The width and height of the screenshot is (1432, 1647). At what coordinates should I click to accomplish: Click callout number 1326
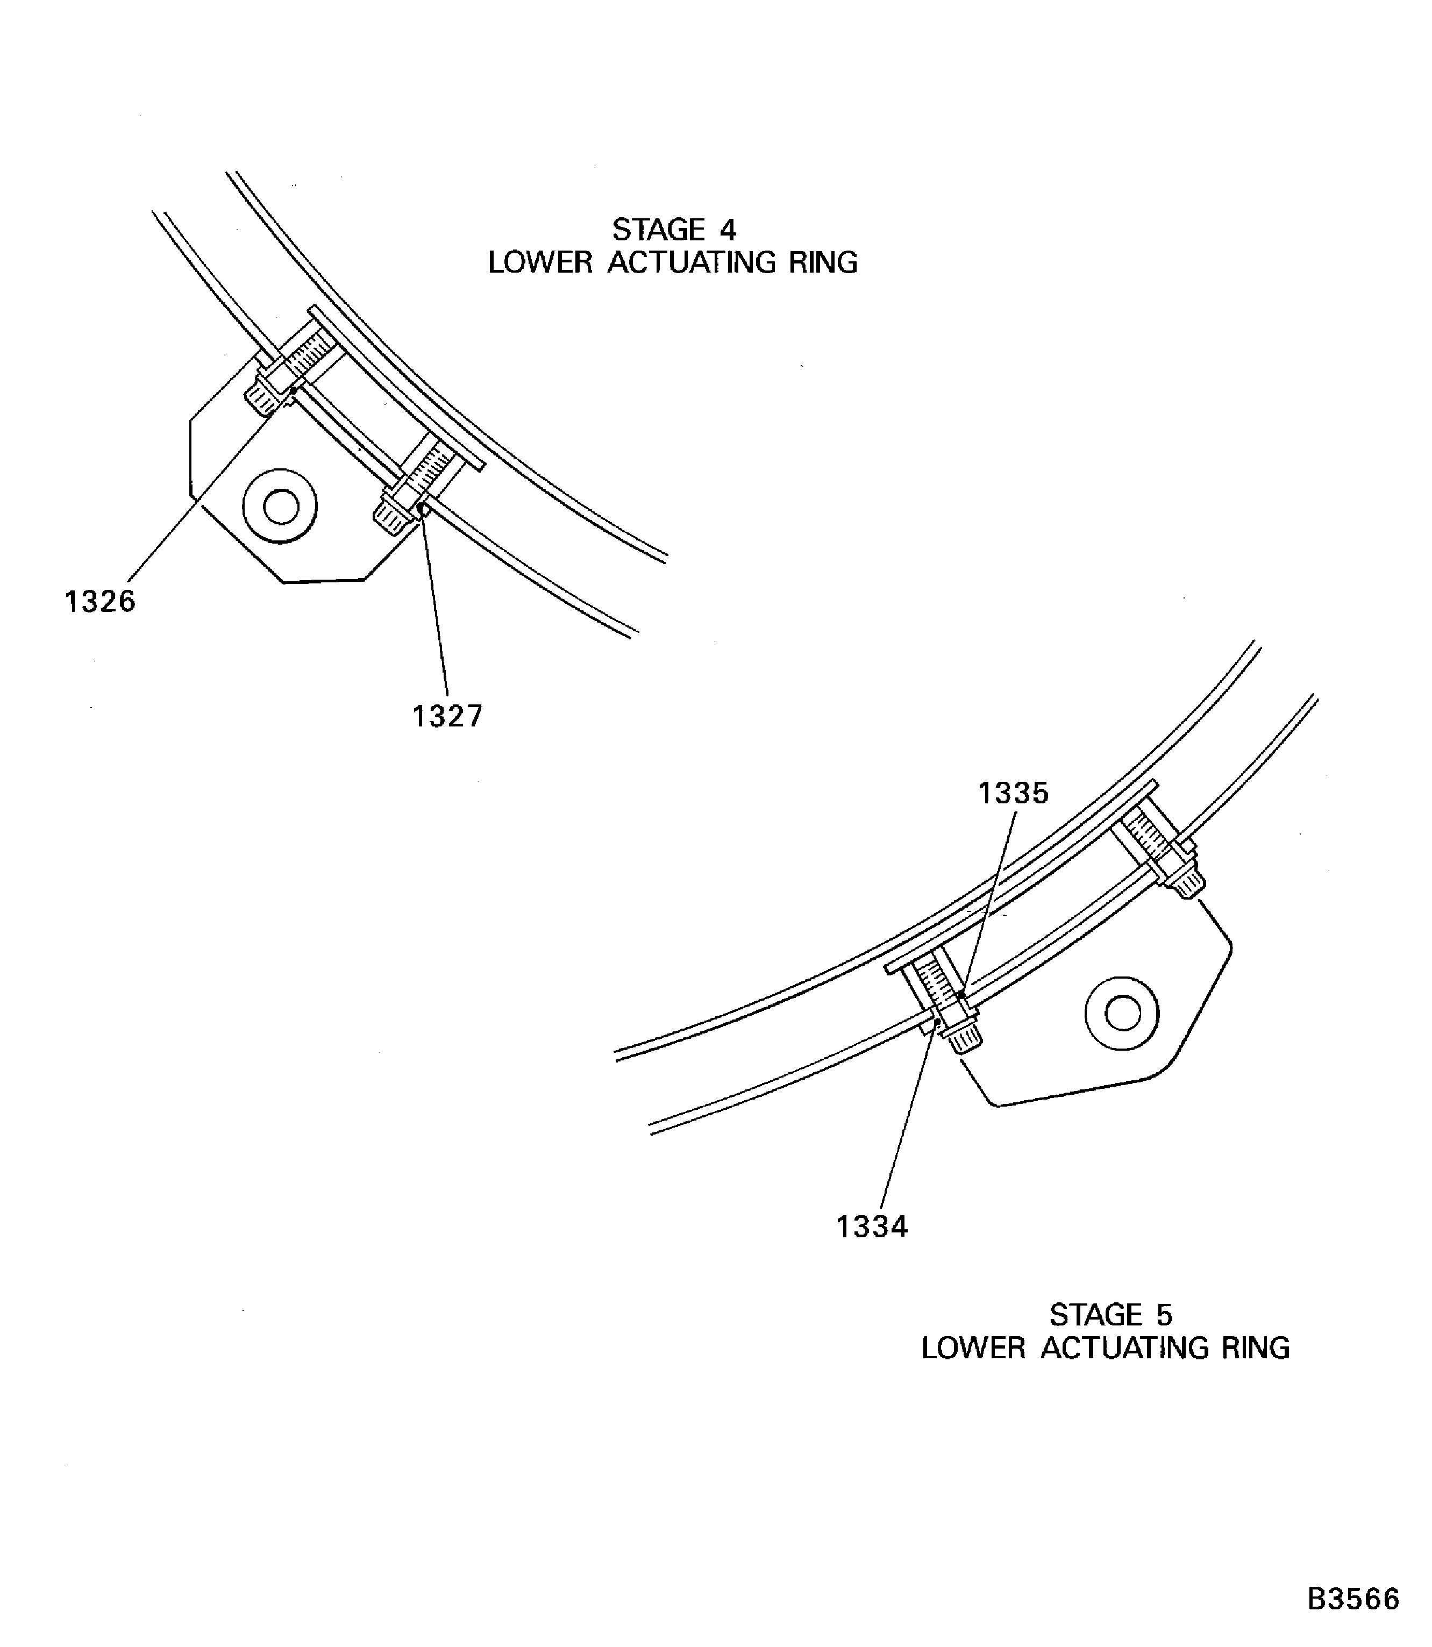click(x=100, y=602)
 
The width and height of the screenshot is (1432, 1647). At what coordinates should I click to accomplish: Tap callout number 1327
click(x=447, y=716)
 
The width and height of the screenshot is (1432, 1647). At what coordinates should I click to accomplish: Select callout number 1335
click(x=1013, y=794)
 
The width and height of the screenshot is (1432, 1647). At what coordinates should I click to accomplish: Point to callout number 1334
click(x=872, y=1227)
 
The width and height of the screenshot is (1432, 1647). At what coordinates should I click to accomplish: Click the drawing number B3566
click(x=1353, y=1599)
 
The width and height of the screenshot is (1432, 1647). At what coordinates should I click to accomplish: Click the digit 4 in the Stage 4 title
click(x=727, y=230)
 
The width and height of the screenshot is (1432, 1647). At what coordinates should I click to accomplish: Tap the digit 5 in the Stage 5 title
click(x=1164, y=1315)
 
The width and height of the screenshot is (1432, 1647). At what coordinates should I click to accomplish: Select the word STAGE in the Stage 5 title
click(x=1095, y=1315)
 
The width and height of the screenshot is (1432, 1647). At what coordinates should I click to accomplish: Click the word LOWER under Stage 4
click(x=540, y=263)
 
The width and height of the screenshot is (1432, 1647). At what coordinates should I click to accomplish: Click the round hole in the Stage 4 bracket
click(x=281, y=507)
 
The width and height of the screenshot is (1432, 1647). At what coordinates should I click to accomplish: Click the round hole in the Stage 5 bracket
click(x=1123, y=1014)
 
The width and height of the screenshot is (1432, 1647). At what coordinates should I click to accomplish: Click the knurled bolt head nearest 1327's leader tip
click(x=393, y=518)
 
